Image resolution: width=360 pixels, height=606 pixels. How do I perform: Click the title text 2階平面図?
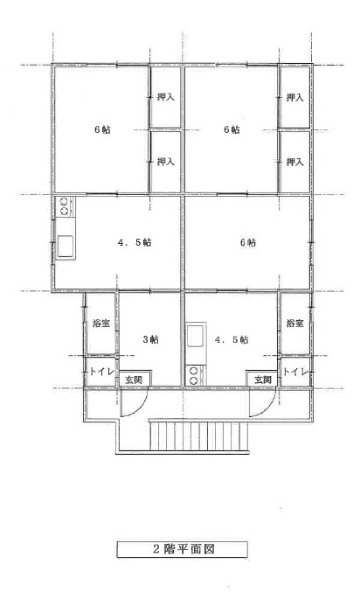(x=183, y=549)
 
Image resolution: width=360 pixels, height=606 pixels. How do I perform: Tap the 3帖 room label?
(x=150, y=339)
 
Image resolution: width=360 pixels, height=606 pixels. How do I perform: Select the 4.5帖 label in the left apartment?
(x=134, y=243)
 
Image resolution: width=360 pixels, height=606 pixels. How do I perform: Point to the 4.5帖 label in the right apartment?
(x=232, y=339)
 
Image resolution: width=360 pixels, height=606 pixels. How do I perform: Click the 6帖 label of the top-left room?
(x=102, y=129)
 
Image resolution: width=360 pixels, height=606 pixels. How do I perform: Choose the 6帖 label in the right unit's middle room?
(x=248, y=243)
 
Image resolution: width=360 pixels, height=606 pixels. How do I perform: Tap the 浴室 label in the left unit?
(x=101, y=323)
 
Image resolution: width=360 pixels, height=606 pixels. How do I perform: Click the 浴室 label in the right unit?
(x=294, y=323)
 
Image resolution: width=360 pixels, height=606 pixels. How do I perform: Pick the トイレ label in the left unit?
(x=101, y=372)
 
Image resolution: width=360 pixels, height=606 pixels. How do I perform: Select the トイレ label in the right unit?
(x=295, y=372)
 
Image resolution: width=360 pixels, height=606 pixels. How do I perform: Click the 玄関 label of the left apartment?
(x=134, y=380)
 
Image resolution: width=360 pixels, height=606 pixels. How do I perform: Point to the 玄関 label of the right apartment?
(x=263, y=380)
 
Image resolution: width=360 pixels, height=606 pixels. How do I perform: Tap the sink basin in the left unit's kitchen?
(x=66, y=246)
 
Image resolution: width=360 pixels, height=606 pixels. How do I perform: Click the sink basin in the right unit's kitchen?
(x=196, y=337)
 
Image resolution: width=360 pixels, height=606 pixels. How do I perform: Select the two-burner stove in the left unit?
(x=65, y=206)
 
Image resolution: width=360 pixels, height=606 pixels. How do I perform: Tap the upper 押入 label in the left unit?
(x=166, y=97)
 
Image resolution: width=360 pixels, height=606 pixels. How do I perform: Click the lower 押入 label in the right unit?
(x=295, y=162)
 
